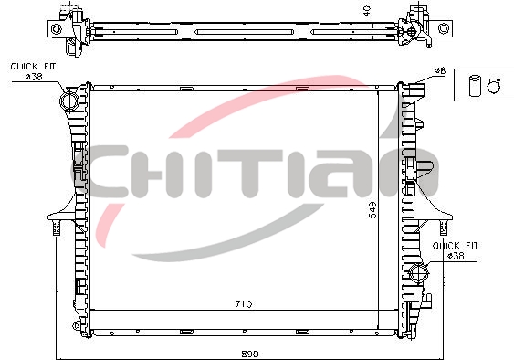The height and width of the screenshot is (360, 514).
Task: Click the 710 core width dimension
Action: click(x=244, y=304)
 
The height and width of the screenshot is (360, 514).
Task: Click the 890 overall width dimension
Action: click(x=250, y=355)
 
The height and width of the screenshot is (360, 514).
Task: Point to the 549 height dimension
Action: click(x=372, y=210)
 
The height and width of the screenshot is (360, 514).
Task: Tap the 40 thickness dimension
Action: click(x=367, y=10)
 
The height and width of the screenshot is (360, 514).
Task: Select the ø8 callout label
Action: click(x=440, y=70)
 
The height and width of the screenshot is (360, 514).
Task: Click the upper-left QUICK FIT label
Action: click(x=33, y=67)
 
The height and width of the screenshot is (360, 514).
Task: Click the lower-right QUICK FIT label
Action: click(x=456, y=246)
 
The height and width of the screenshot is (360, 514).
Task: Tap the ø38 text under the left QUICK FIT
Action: click(x=34, y=77)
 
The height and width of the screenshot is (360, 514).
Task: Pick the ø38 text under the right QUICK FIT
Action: click(x=456, y=256)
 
